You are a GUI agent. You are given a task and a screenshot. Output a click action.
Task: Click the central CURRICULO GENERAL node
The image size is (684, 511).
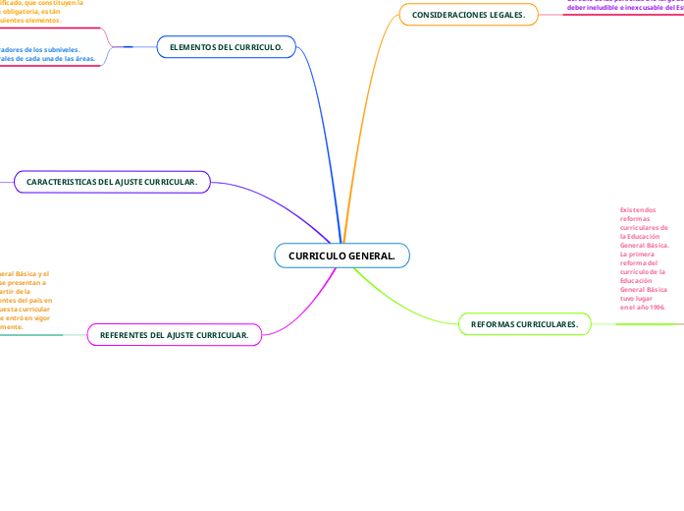[x=342, y=255]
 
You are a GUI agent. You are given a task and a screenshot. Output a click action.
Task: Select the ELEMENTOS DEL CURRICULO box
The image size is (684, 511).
[x=226, y=47]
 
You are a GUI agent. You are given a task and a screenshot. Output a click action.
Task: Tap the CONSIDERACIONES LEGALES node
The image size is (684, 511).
[x=468, y=15]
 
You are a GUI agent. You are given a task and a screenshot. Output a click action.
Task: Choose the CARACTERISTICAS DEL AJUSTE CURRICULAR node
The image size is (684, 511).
[x=112, y=182]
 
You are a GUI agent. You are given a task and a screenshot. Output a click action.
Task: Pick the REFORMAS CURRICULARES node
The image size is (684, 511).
[x=524, y=323]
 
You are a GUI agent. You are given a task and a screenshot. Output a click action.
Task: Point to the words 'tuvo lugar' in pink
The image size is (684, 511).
[x=637, y=298]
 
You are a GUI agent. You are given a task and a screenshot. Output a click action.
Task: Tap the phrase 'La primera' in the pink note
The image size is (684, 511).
[x=638, y=253]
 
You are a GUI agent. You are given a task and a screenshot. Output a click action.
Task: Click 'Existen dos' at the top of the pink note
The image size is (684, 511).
[x=638, y=209]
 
